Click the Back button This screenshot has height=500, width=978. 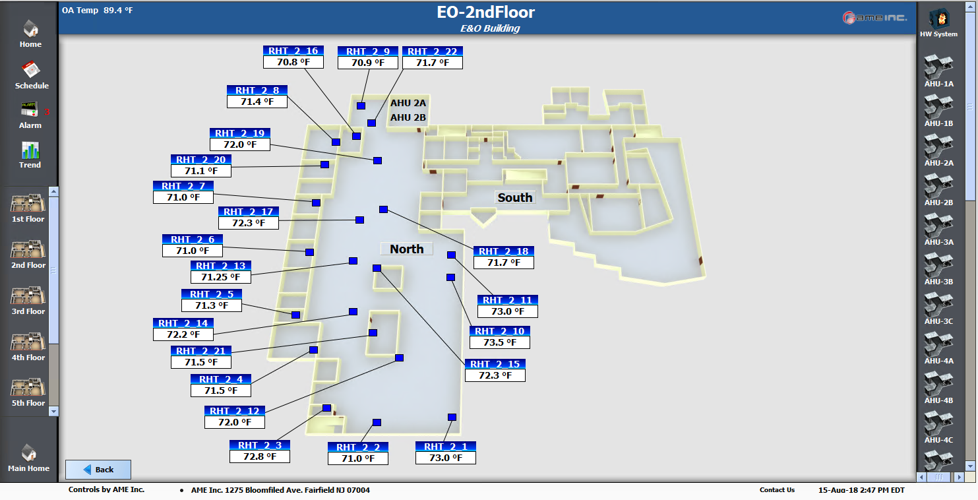coord(98,469)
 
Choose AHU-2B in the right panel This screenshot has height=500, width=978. coord(938,189)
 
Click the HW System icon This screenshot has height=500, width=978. coord(938,20)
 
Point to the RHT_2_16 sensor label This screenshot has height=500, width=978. coord(293,51)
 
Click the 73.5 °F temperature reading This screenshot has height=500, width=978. coord(499,342)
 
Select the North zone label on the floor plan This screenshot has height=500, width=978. coord(406,249)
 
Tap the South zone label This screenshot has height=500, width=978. coord(515,197)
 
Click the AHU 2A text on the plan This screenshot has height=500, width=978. coord(408,103)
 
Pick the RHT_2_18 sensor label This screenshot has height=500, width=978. coord(503,251)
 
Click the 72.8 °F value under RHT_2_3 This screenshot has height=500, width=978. coord(260,456)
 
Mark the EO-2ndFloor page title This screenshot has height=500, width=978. coord(485,12)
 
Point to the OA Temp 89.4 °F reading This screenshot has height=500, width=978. coord(97,11)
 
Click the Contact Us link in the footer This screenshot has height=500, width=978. coord(777,490)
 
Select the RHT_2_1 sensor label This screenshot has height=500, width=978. coord(445,447)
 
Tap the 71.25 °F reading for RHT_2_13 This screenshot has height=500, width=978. coord(220,277)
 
